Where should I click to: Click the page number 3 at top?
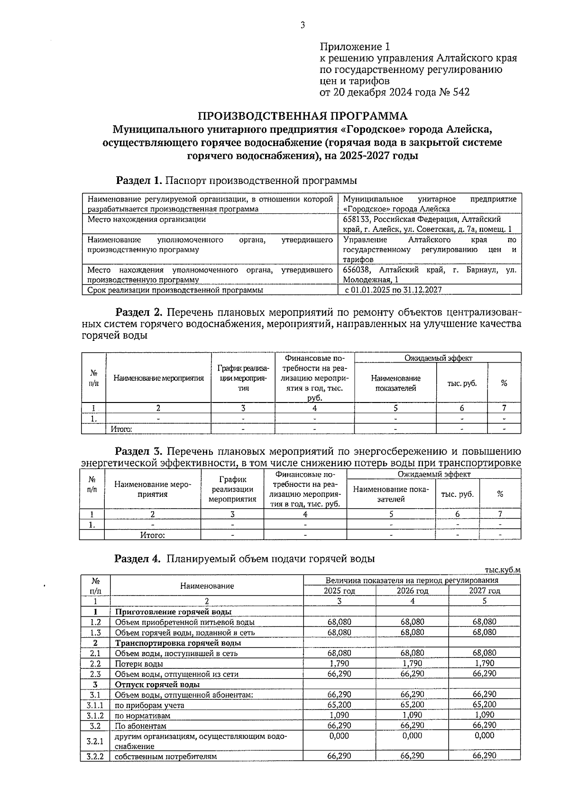click(302, 26)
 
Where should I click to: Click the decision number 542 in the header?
click(461, 92)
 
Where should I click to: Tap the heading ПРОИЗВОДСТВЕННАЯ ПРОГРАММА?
click(302, 116)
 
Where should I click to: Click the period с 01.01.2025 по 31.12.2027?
click(393, 290)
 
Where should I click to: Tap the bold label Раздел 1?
click(139, 181)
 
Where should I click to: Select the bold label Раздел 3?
click(139, 451)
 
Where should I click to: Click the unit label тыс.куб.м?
click(503, 570)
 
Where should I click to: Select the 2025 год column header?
click(339, 591)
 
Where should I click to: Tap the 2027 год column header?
click(484, 591)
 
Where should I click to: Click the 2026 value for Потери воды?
click(412, 663)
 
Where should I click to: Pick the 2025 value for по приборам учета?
click(339, 705)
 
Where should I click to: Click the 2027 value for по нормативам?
click(484, 715)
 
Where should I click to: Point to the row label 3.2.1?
click(95, 741)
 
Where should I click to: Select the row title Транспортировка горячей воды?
click(178, 643)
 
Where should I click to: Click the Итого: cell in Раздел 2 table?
click(121, 429)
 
